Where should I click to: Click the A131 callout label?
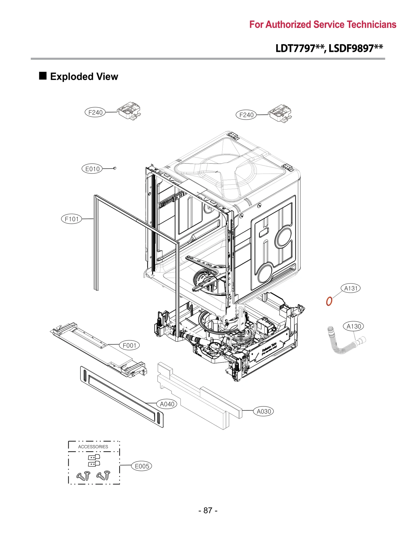click(350, 288)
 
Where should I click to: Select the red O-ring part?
click(329, 301)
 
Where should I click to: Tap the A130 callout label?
click(353, 326)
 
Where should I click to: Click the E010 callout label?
click(92, 169)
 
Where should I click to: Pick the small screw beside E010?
click(115, 168)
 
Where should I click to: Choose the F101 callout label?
click(71, 219)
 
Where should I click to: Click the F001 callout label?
click(129, 345)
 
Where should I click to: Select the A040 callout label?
click(167, 404)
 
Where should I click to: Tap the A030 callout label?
click(263, 411)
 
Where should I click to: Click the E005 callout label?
click(142, 466)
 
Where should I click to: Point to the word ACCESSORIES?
click(93, 447)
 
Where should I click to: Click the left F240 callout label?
click(95, 113)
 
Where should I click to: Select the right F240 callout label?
click(246, 115)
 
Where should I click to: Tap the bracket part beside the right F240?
click(280, 113)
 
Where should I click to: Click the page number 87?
click(208, 510)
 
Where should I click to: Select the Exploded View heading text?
click(84, 77)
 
